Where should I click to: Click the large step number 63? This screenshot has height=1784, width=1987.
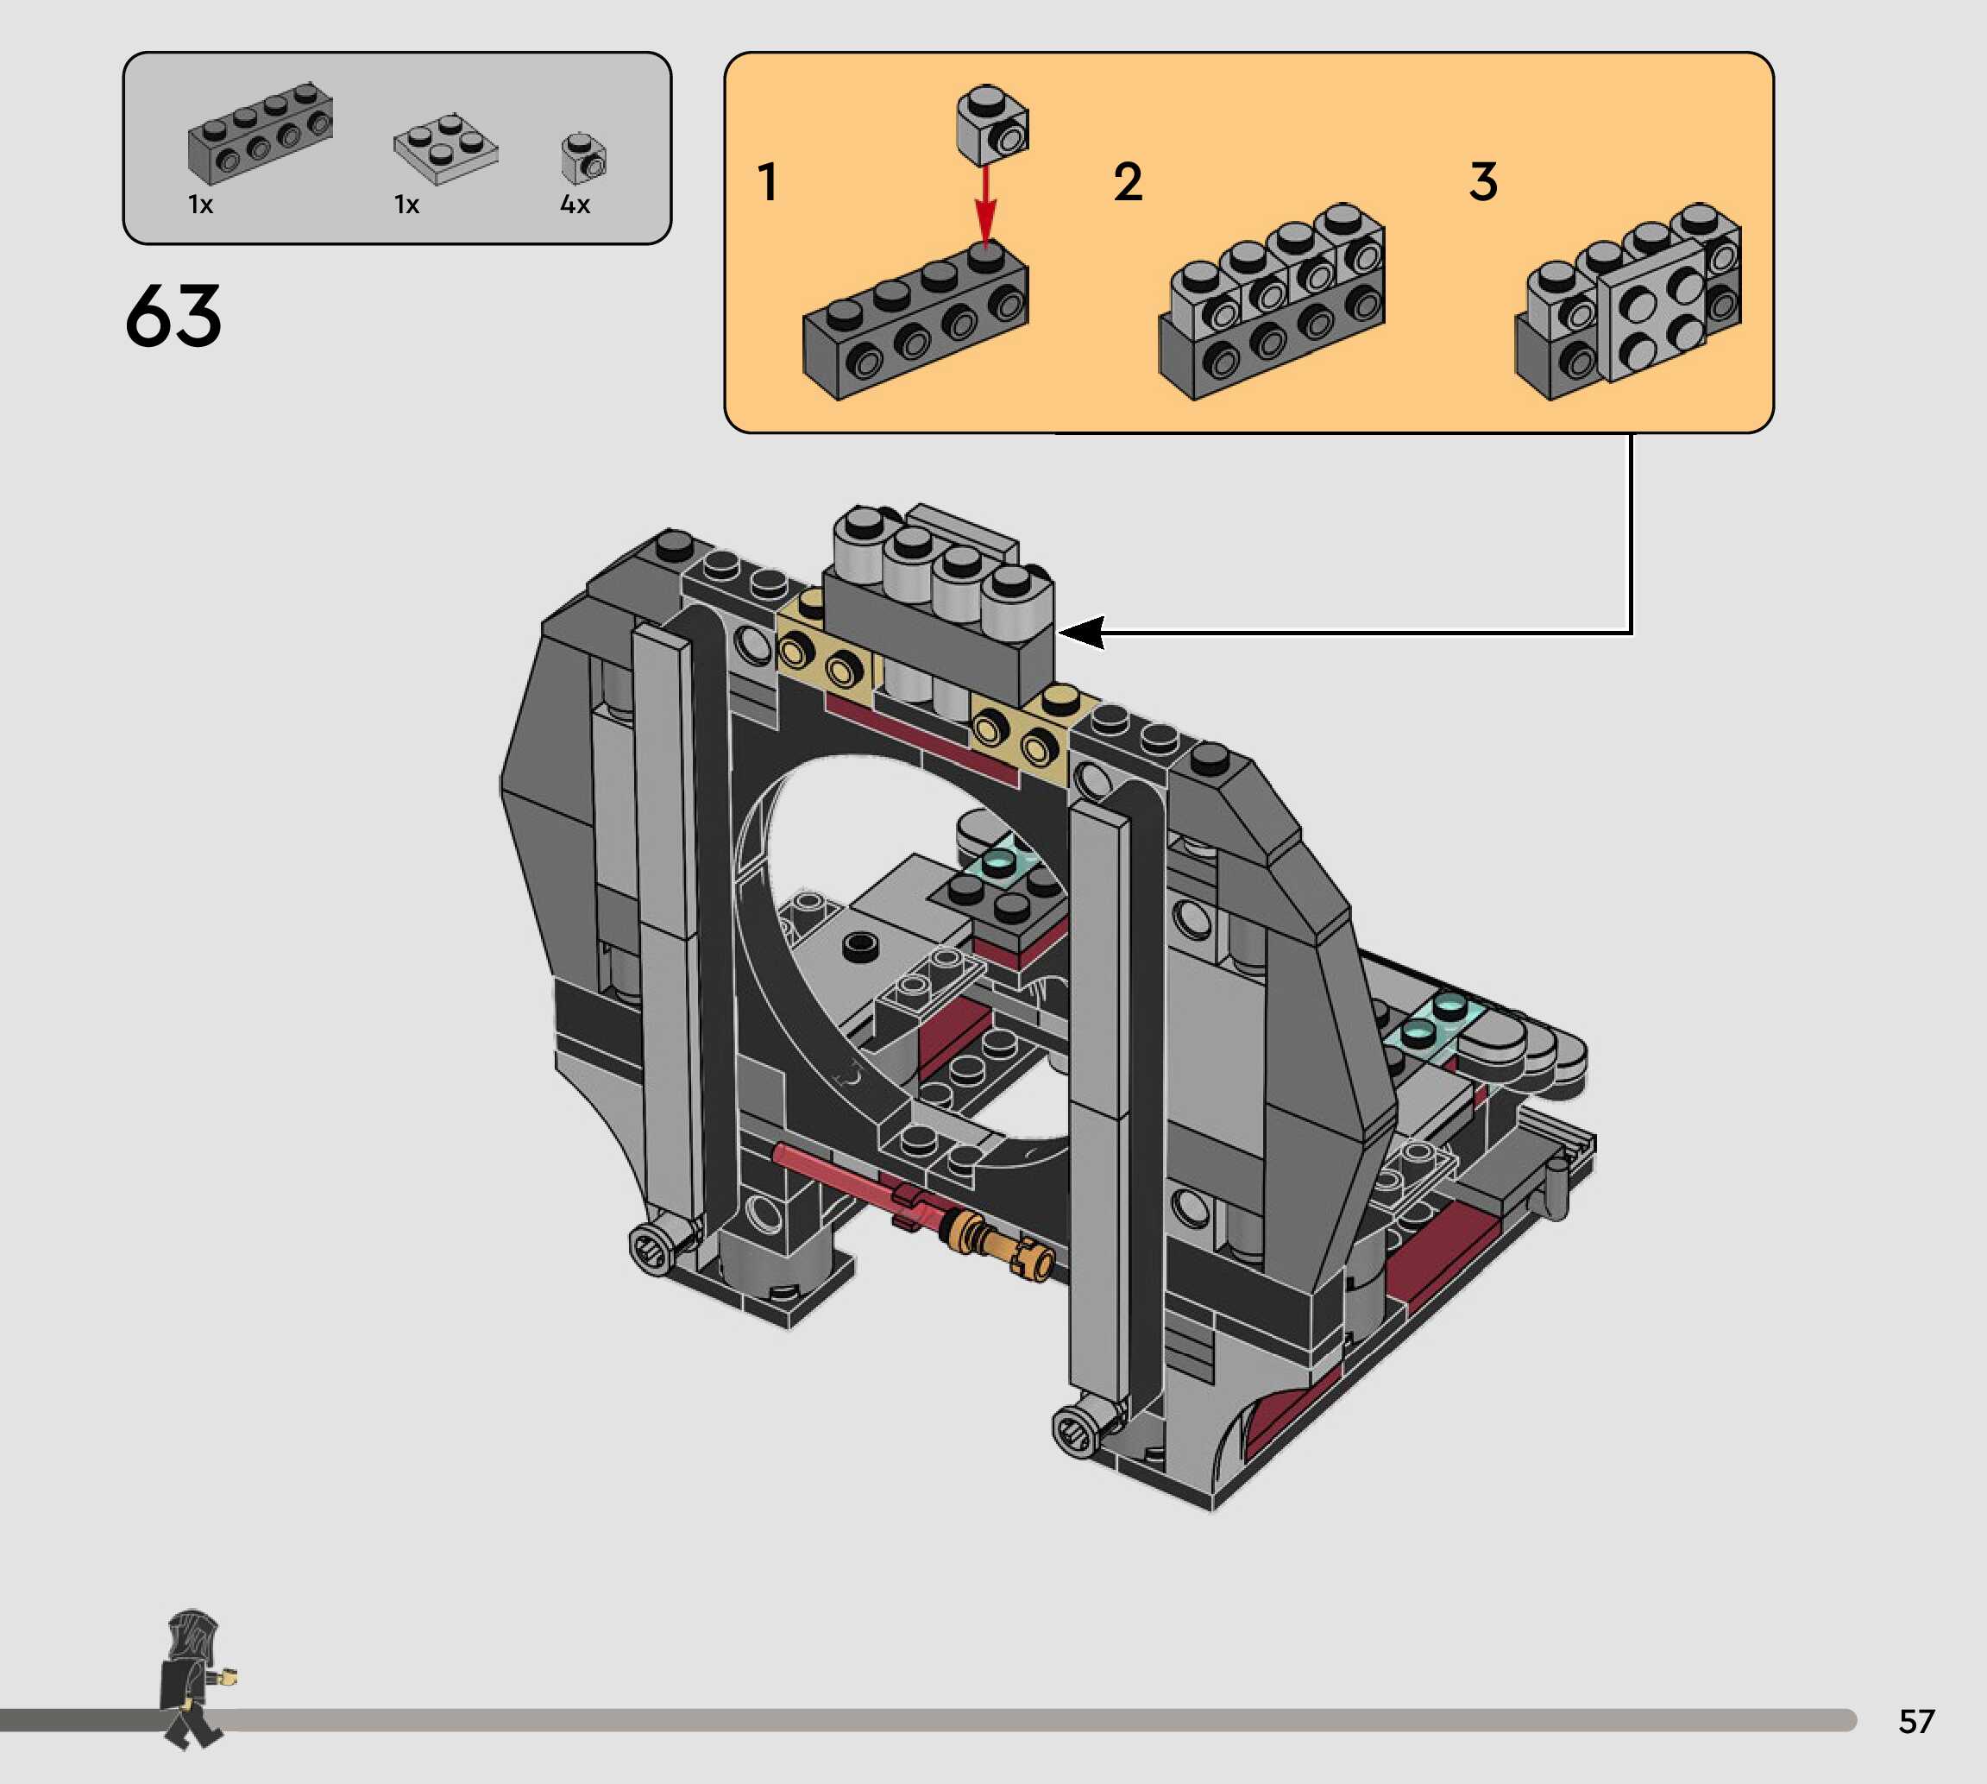pyautogui.click(x=173, y=316)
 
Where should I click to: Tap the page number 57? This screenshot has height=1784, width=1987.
pyautogui.click(x=1916, y=1720)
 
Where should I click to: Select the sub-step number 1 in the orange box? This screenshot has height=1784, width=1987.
pyautogui.click(x=767, y=182)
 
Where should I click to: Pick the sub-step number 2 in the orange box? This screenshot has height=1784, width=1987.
pyautogui.click(x=1128, y=182)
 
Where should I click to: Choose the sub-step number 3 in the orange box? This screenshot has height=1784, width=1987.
pyautogui.click(x=1483, y=182)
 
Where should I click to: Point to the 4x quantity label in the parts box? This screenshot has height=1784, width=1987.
pyautogui.click(x=575, y=204)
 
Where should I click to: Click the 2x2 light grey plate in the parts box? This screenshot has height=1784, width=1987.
pyautogui.click(x=446, y=149)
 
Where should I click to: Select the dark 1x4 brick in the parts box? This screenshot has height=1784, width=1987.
pyautogui.click(x=261, y=133)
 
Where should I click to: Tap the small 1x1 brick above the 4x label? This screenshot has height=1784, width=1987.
pyautogui.click(x=584, y=158)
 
